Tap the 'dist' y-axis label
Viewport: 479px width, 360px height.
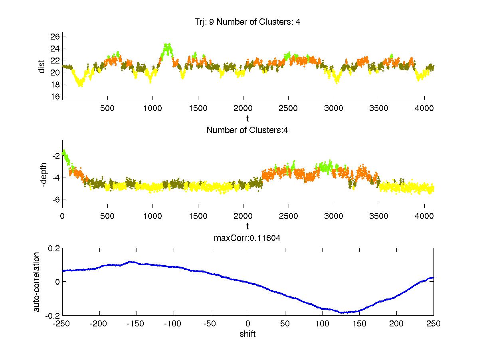(42, 66)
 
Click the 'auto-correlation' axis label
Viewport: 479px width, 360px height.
(36, 282)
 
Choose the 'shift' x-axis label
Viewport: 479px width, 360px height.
(247, 334)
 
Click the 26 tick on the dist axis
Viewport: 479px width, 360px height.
(55, 36)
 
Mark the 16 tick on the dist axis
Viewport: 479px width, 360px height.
(55, 96)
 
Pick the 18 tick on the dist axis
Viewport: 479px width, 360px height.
(55, 84)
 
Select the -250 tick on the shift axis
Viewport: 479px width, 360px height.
(62, 324)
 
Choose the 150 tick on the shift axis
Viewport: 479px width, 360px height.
(359, 324)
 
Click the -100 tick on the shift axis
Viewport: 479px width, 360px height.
(173, 324)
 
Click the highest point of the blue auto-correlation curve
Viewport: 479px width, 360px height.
(131, 262)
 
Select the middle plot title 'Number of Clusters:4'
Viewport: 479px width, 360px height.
(247, 130)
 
